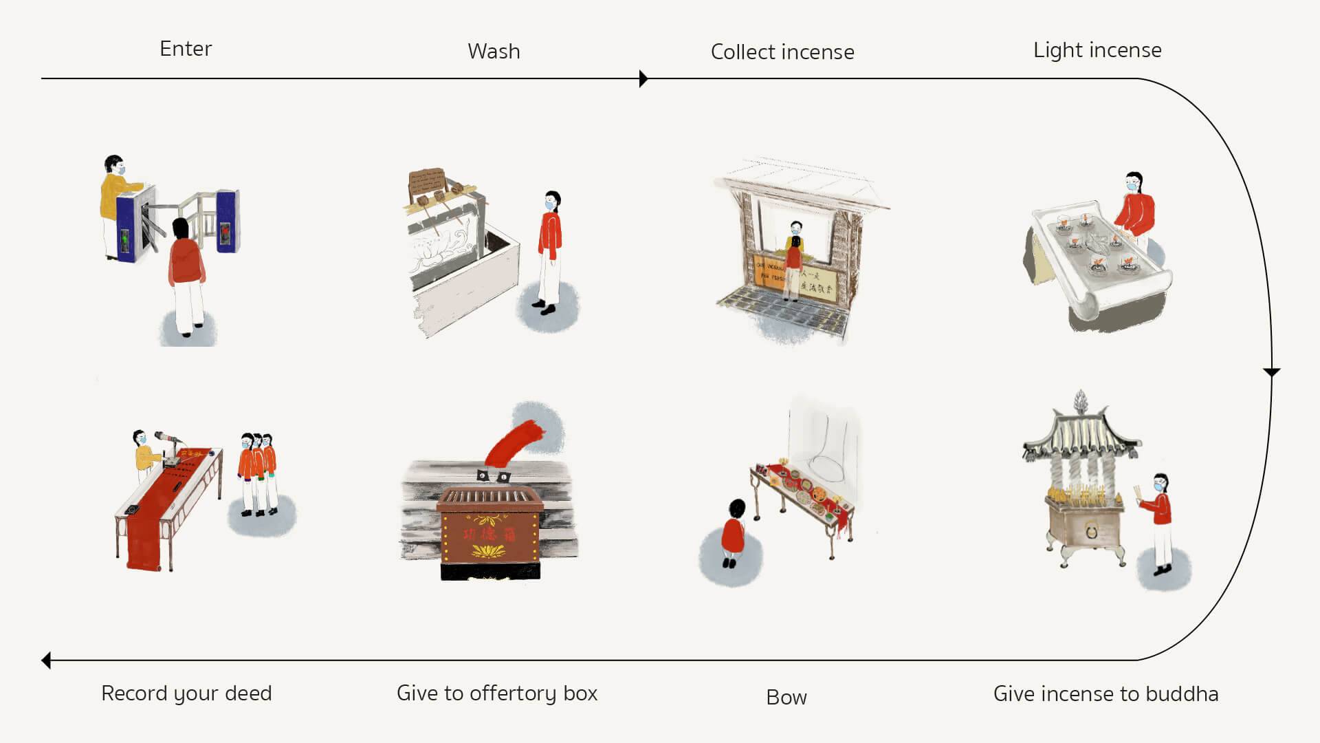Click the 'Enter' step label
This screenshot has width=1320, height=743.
coord(186,49)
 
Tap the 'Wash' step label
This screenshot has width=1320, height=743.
coord(494,52)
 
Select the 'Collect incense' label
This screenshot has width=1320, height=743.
coord(782,52)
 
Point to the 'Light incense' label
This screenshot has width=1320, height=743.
coord(1097,50)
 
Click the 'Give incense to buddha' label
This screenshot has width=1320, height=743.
coord(1105,693)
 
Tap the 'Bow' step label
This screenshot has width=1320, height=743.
coord(786,698)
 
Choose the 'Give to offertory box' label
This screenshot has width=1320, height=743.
coord(497,693)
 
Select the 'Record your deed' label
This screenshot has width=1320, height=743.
coord(186,693)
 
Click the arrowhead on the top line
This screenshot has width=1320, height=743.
coord(643,78)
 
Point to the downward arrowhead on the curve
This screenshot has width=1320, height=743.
coord(1271,372)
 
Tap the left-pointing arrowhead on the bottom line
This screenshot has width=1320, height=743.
coord(46,660)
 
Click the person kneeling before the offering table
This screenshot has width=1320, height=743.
coord(734,533)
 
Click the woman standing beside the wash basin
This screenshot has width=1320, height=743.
coord(549,251)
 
